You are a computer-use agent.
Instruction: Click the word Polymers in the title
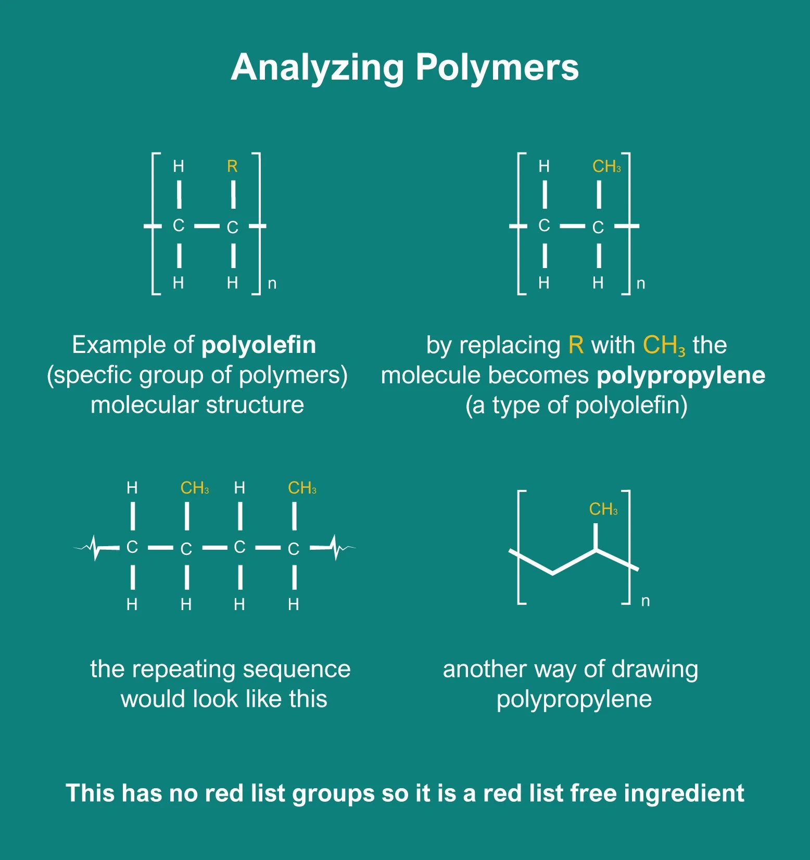point(497,68)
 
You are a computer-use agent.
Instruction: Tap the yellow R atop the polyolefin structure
point(232,166)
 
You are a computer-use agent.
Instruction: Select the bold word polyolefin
point(259,345)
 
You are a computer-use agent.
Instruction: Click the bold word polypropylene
point(681,375)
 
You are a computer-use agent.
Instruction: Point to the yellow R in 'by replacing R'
point(576,345)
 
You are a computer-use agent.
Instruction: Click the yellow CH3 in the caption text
point(664,345)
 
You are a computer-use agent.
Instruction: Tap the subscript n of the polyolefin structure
point(272,284)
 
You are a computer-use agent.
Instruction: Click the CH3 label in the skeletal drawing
point(603,509)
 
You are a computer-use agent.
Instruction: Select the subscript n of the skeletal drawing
point(646,601)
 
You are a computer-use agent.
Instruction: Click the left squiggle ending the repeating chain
point(95,548)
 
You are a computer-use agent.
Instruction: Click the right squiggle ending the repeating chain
point(336,548)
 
